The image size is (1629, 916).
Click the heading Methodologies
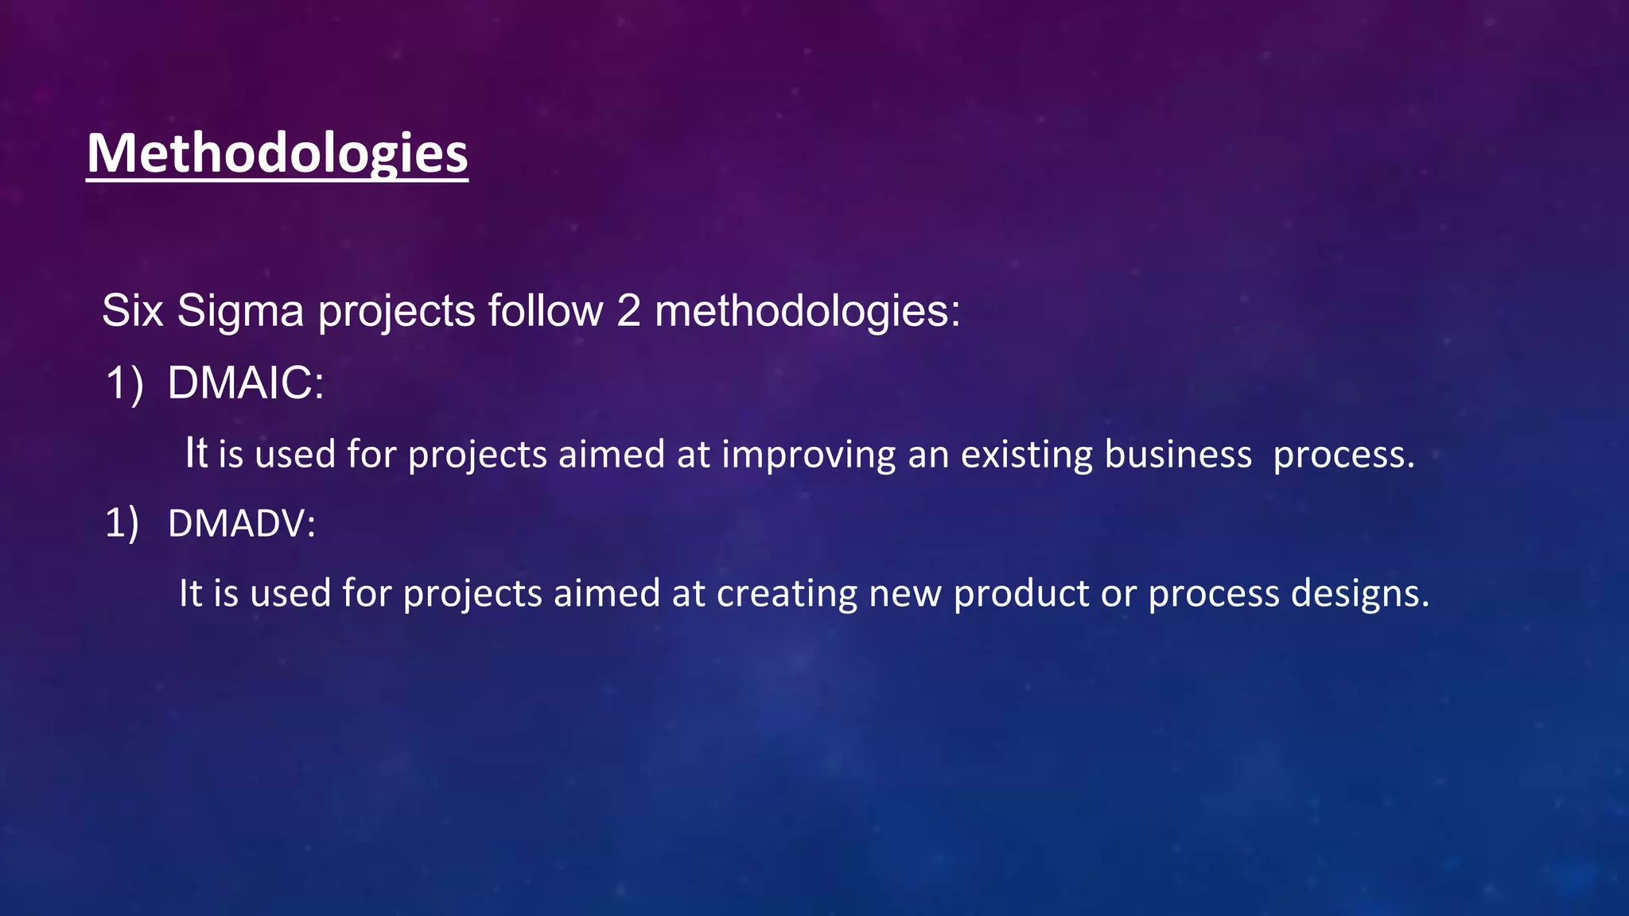coord(277,153)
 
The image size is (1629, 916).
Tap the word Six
coord(133,310)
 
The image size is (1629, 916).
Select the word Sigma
coord(240,310)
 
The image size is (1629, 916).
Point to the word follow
coord(546,310)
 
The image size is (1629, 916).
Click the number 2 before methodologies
coord(628,310)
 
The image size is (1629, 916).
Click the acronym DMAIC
coord(245,382)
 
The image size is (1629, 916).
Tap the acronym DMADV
coord(241,524)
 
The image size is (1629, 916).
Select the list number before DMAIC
coord(124,383)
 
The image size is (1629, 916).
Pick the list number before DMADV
coord(122,524)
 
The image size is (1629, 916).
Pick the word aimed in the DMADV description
coord(606,593)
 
